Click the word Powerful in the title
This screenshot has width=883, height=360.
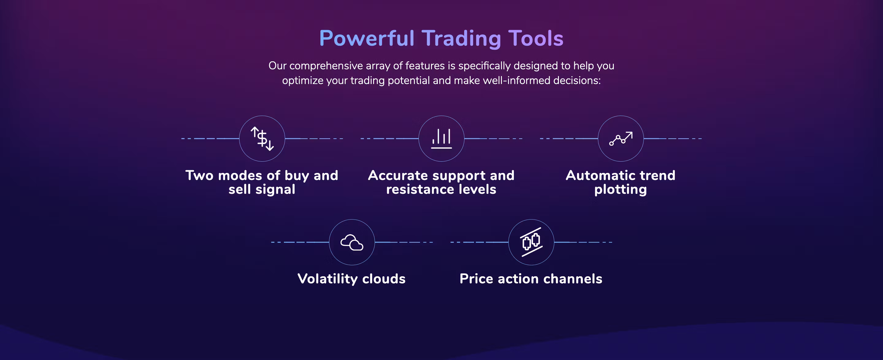[366, 38]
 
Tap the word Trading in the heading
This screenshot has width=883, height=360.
[461, 39]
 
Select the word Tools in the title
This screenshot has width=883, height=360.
[536, 38]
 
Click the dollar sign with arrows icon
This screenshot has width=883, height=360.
[262, 139]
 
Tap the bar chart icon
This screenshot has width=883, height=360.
[442, 139]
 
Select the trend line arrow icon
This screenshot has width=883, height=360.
[621, 139]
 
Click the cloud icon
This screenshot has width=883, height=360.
[352, 242]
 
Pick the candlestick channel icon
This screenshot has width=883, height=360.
[531, 242]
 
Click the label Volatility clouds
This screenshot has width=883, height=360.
[352, 279]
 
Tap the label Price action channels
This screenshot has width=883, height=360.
[531, 279]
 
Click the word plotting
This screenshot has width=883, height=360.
[621, 190]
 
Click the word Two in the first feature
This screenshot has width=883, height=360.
[200, 175]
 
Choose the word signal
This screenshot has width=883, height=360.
[275, 190]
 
